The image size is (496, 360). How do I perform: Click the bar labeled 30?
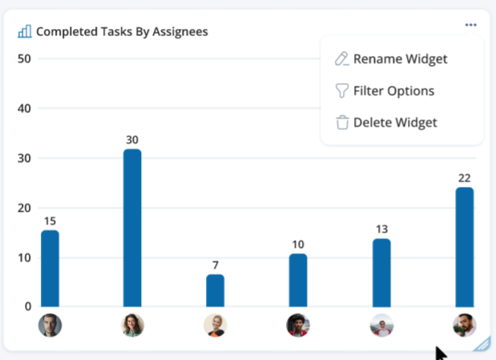coord(132,228)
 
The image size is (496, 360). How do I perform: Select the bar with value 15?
coord(50,269)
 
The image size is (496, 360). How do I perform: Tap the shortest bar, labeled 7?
coord(215,290)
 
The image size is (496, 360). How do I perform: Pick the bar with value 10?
coord(297,280)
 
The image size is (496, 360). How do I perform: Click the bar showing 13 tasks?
coord(381,273)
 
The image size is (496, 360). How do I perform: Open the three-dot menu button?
coord(470,25)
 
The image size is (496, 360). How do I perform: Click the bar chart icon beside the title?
coord(25,31)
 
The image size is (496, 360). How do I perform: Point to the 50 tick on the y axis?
coord(24,59)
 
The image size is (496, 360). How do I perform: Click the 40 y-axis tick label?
coord(24,108)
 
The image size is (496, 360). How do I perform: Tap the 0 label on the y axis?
coord(27,306)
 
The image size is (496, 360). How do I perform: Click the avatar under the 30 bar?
coord(132,325)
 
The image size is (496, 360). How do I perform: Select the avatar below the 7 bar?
coord(215,325)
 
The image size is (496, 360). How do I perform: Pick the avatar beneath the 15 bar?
coord(50,325)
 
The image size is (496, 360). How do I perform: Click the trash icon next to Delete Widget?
coord(342,123)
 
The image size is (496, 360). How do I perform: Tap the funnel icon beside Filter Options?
coord(342,91)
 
